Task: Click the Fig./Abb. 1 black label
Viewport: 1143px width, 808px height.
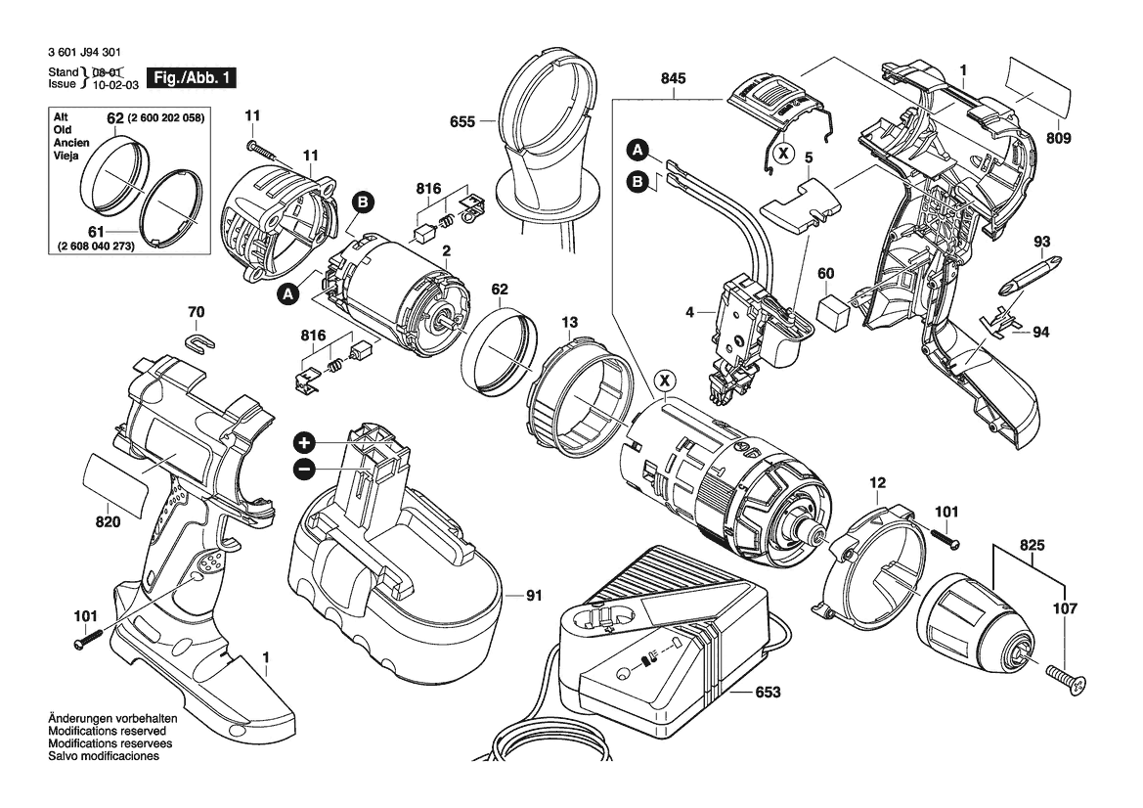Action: [x=191, y=77]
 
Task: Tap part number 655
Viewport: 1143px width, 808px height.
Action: [x=462, y=122]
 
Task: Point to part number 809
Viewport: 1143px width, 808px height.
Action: [x=1060, y=139]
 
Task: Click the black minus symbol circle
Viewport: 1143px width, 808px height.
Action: [x=304, y=470]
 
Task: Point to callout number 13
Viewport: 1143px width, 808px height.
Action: [x=569, y=321]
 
